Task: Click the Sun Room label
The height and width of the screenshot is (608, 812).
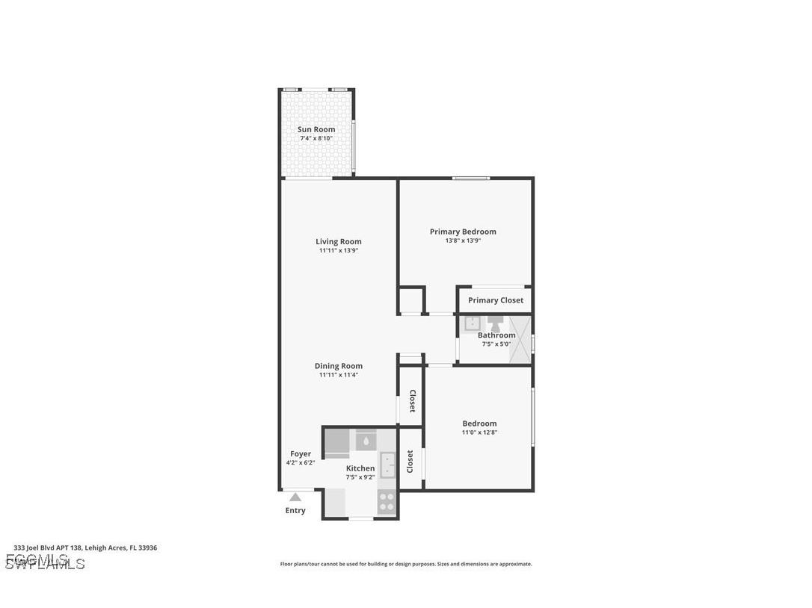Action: point(316,129)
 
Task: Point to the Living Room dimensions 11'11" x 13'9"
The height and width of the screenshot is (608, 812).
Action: point(339,251)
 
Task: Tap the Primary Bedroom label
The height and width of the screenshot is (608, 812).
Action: point(463,232)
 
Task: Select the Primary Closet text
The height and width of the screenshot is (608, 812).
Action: point(496,300)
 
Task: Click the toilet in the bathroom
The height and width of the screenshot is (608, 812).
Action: point(496,323)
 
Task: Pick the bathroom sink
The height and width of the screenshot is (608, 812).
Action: point(473,323)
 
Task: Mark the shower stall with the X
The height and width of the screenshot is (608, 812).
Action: point(520,340)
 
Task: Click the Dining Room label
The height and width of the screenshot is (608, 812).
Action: point(338,366)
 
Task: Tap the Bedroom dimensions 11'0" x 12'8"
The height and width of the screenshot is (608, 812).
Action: point(479,432)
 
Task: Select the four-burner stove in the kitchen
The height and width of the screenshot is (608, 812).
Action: point(387,501)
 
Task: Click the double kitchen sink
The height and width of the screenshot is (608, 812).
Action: point(387,465)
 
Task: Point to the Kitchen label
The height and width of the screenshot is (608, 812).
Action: point(360,468)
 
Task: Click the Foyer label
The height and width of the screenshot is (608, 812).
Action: point(301,453)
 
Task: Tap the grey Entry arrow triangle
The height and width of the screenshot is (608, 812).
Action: point(295,497)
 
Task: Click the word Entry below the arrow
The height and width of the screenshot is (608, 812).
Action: point(295,511)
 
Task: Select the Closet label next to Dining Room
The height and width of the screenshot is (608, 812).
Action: point(411,401)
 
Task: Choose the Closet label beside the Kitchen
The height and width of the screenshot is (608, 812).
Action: point(410,461)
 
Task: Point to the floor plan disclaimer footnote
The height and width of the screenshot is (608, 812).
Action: point(406,564)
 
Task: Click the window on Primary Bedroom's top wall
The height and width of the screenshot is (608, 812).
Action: point(471,178)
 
